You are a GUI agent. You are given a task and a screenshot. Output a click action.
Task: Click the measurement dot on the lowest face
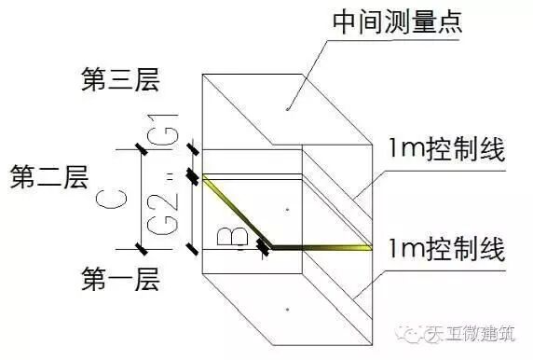point(288,307)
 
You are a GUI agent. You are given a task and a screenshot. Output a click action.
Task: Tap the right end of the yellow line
point(372,246)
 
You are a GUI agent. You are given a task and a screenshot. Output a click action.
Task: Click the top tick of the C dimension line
point(141,147)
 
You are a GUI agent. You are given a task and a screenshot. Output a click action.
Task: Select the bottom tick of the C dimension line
point(141,247)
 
